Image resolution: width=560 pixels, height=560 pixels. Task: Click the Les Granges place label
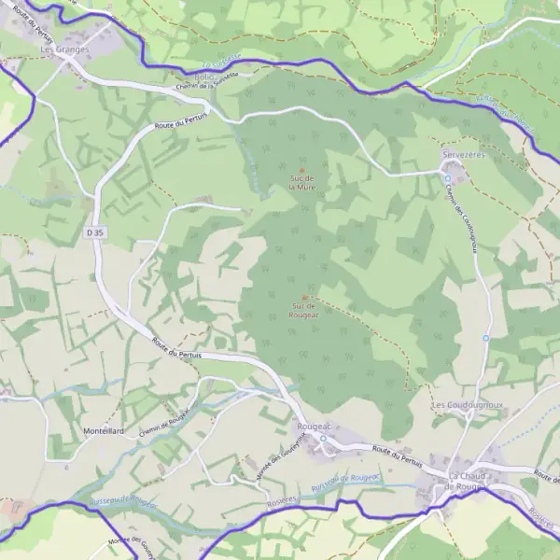pos(64,49)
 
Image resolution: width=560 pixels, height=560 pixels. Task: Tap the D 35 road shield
pos(92,231)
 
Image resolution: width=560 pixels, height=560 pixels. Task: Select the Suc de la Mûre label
pos(301,182)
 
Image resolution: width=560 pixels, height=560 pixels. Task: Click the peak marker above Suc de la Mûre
pos(301,169)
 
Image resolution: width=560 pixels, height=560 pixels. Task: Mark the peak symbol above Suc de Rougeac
pos(305,297)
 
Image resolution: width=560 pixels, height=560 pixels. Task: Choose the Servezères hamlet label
pos(463,155)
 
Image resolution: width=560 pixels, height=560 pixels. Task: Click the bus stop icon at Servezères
pos(448,177)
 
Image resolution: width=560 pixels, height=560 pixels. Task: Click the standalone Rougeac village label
pos(314,425)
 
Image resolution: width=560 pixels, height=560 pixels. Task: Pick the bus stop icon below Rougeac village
pos(323,438)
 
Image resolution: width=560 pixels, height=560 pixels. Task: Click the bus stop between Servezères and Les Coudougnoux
pos(485,338)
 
